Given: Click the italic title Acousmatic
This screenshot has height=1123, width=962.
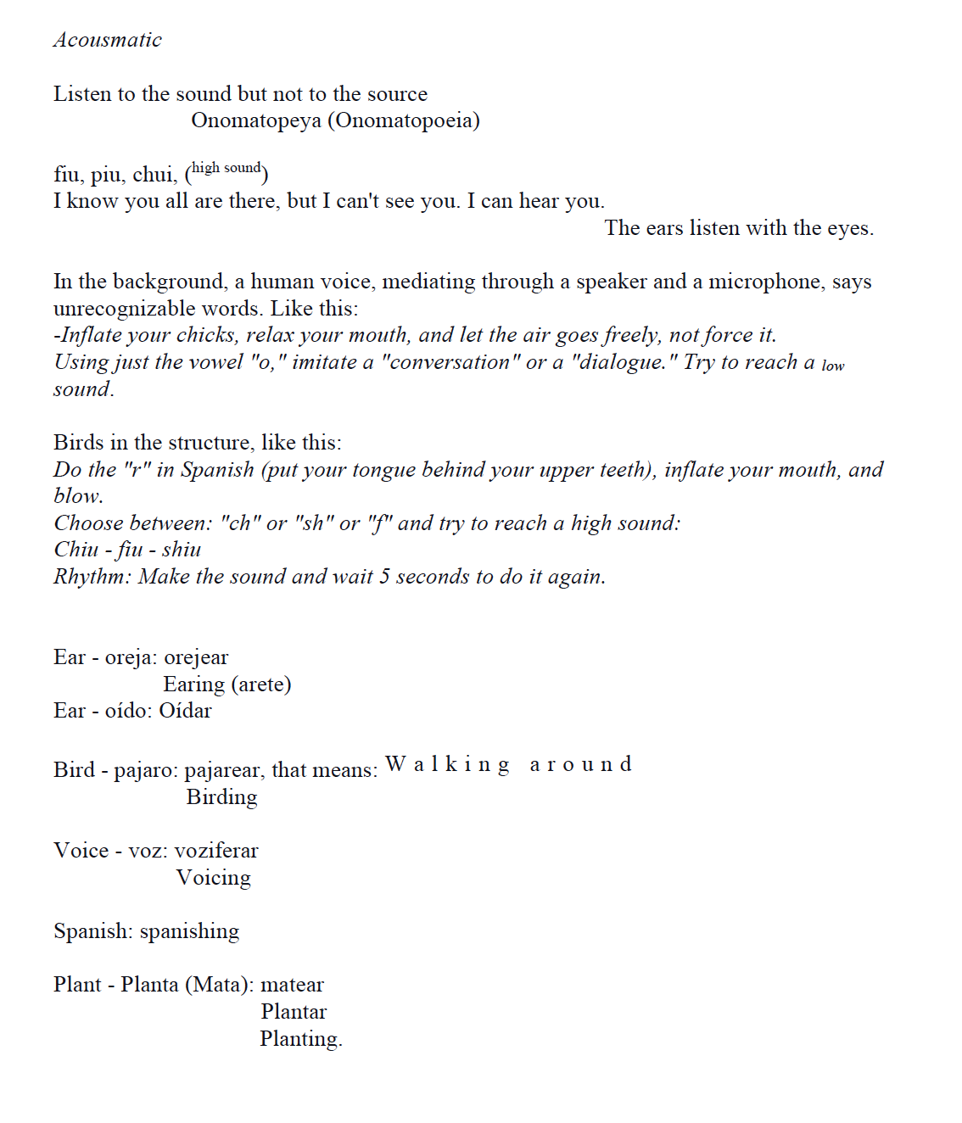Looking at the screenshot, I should (107, 40).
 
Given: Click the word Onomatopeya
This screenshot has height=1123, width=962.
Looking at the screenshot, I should (255, 120).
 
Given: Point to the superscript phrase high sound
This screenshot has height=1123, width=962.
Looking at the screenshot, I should (226, 168).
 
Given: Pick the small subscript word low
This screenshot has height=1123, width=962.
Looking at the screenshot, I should (832, 366).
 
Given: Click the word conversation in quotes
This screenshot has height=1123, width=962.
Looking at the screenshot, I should (450, 362).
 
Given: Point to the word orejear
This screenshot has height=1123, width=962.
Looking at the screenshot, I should (196, 657).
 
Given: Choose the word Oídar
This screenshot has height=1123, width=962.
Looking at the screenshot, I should (185, 711).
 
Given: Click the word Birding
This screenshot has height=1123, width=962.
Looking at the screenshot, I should (221, 797).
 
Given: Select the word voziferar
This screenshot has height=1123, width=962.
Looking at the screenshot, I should (216, 851).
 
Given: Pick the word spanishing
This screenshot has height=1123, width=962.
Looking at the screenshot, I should (189, 931).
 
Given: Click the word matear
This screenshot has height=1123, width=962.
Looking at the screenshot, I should (292, 985).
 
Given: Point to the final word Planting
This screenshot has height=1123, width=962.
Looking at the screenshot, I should (300, 1039).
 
